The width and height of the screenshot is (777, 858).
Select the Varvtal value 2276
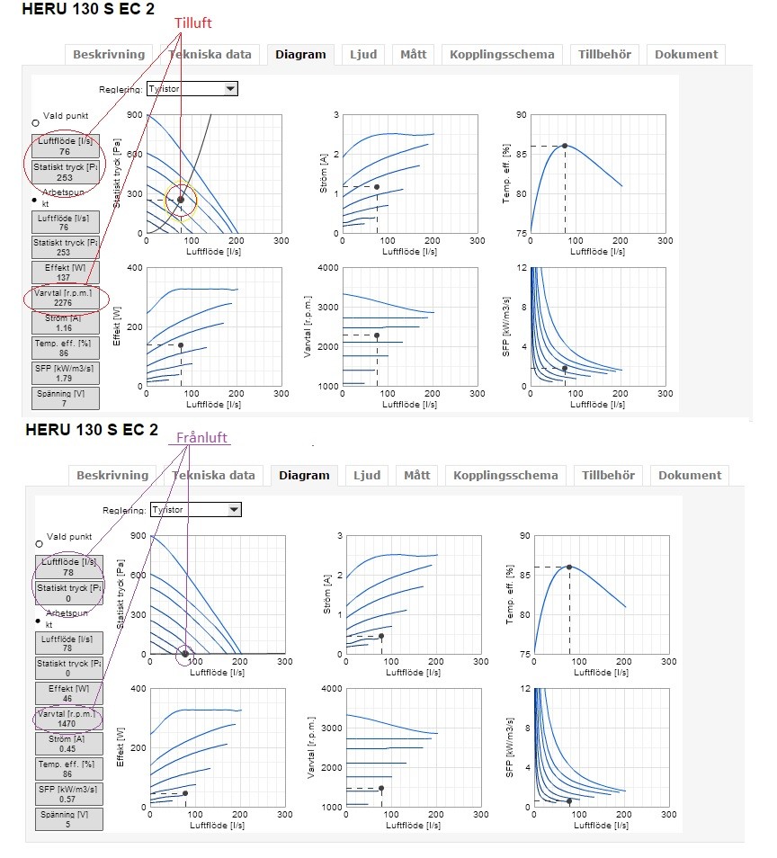click(x=66, y=303)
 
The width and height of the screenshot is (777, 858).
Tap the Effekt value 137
click(x=66, y=278)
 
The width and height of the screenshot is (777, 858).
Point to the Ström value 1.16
click(x=66, y=328)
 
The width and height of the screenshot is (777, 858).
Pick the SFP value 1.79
click(x=66, y=379)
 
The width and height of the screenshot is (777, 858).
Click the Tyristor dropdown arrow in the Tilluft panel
click(x=230, y=88)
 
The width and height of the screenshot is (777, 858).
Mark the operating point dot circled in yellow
click(x=181, y=200)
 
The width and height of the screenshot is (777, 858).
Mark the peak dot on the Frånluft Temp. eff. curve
click(x=569, y=567)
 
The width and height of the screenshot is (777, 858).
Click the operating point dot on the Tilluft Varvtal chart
click(x=377, y=335)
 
